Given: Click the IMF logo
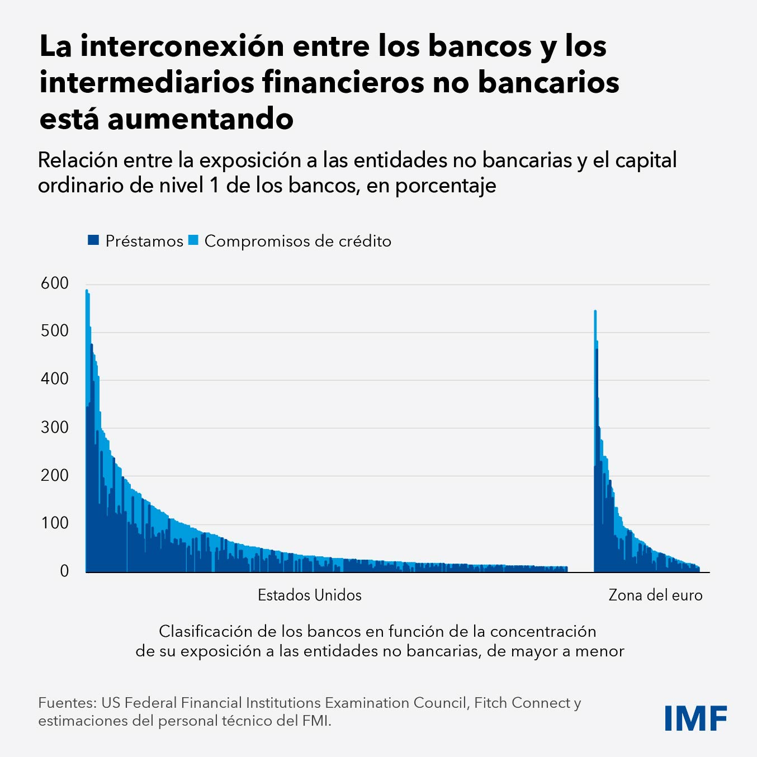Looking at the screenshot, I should click(696, 718).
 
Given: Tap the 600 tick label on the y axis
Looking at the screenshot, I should click(55, 283).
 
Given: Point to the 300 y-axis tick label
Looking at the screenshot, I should click(55, 428).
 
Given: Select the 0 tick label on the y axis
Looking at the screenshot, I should click(64, 571).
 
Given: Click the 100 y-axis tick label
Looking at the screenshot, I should click(55, 523).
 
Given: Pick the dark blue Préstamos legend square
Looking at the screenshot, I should click(93, 240).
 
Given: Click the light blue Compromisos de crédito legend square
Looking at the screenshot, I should click(193, 240).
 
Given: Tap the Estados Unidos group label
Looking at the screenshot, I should click(309, 595).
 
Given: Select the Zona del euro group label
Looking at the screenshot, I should click(655, 595).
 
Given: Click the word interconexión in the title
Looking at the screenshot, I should click(182, 46).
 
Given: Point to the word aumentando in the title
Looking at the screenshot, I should click(200, 119).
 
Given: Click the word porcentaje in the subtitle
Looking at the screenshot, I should click(446, 186).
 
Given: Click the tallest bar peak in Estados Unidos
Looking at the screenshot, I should click(87, 291).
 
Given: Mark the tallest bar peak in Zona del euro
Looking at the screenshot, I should click(595, 311).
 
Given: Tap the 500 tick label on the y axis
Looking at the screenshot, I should click(55, 331).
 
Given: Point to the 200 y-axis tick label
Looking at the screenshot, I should click(55, 475).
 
